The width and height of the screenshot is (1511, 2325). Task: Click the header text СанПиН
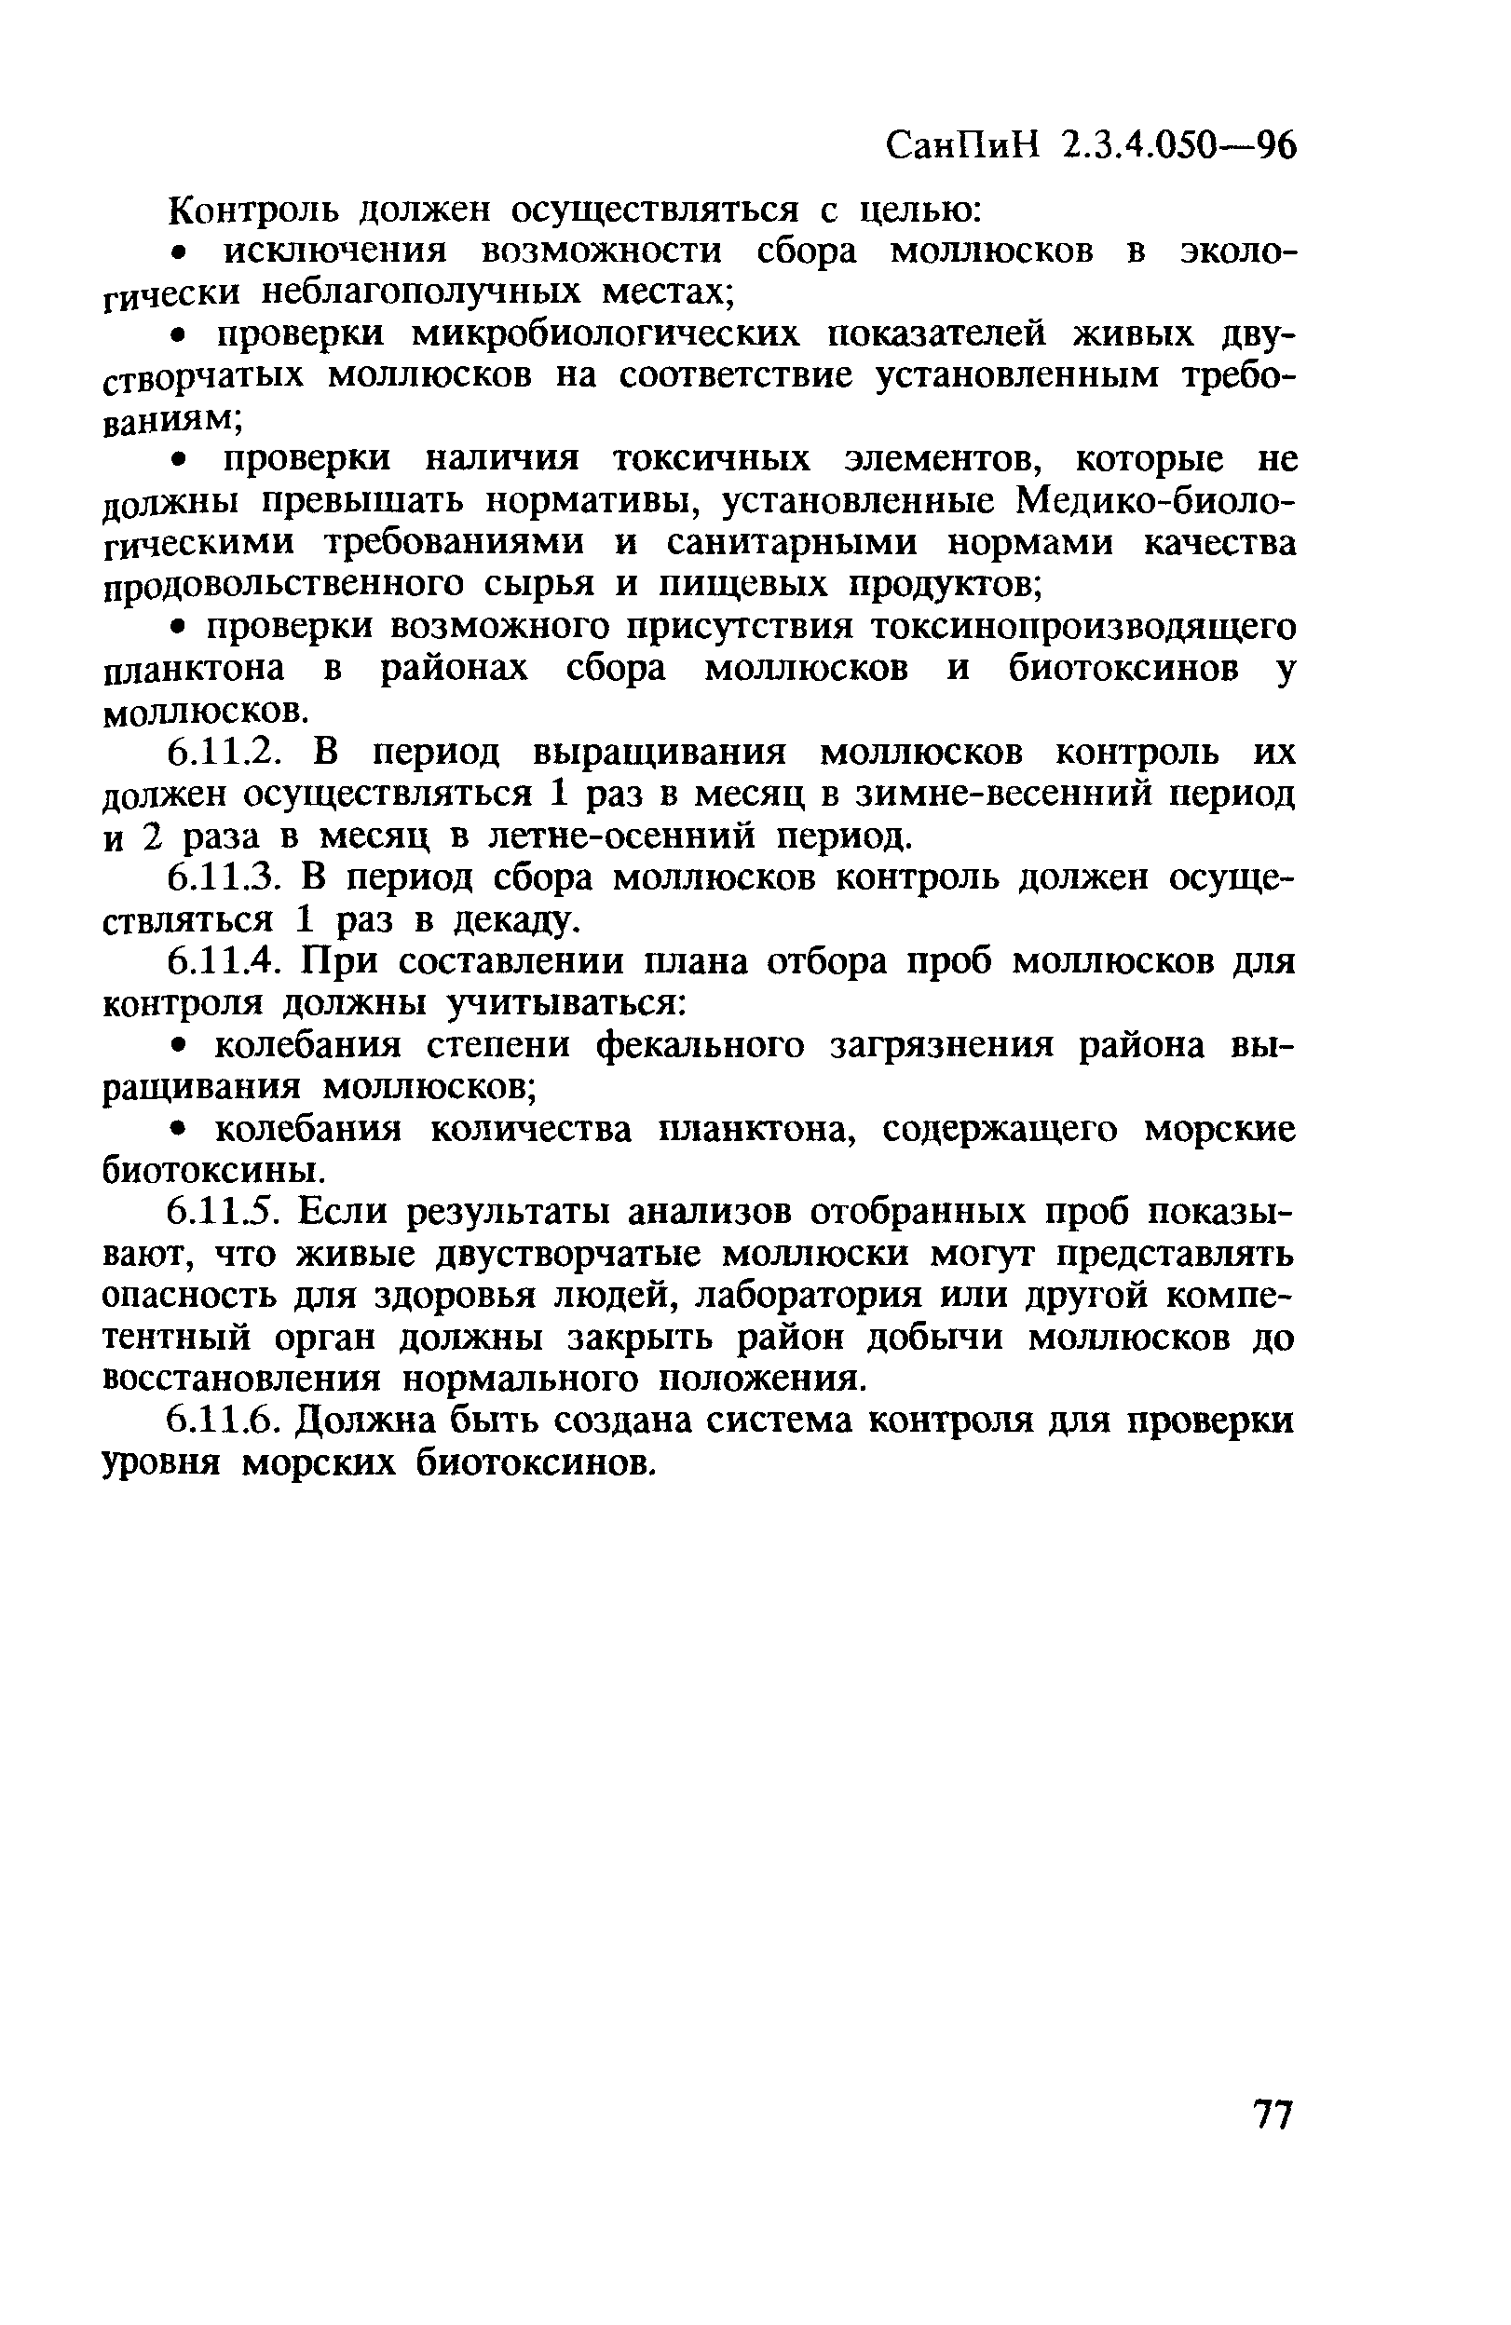pos(963,148)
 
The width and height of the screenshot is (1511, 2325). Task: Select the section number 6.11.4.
pos(226,962)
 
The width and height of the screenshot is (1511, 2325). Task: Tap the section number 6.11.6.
pos(226,1421)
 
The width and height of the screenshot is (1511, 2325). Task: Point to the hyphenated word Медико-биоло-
pos(1156,501)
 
